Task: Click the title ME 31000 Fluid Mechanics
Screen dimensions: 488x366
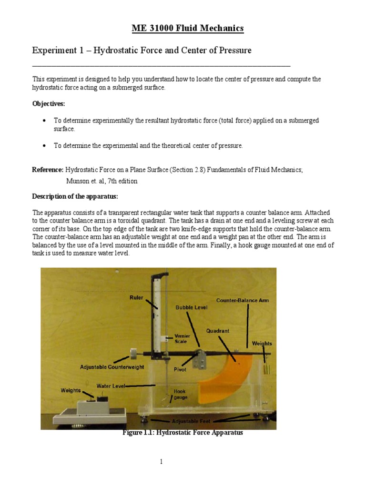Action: pyautogui.click(x=187, y=29)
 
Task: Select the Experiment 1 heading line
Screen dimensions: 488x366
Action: pyautogui.click(x=142, y=50)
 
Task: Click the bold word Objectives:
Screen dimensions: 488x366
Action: pyautogui.click(x=49, y=103)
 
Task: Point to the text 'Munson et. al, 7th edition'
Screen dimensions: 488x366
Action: pyautogui.click(x=102, y=181)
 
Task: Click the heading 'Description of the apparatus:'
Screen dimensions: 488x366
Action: pyautogui.click(x=72, y=196)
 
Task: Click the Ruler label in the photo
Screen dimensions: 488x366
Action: pyautogui.click(x=136, y=297)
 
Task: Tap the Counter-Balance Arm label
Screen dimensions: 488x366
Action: pyautogui.click(x=243, y=301)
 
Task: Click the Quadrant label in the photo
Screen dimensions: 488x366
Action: pyautogui.click(x=218, y=331)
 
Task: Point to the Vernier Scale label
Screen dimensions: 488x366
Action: pyautogui.click(x=183, y=339)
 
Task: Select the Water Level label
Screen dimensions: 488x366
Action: pyautogui.click(x=111, y=386)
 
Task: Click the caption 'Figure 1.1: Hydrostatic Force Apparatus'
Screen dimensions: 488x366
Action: pyautogui.click(x=183, y=433)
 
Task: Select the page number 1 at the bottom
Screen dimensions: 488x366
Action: pyautogui.click(x=162, y=462)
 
